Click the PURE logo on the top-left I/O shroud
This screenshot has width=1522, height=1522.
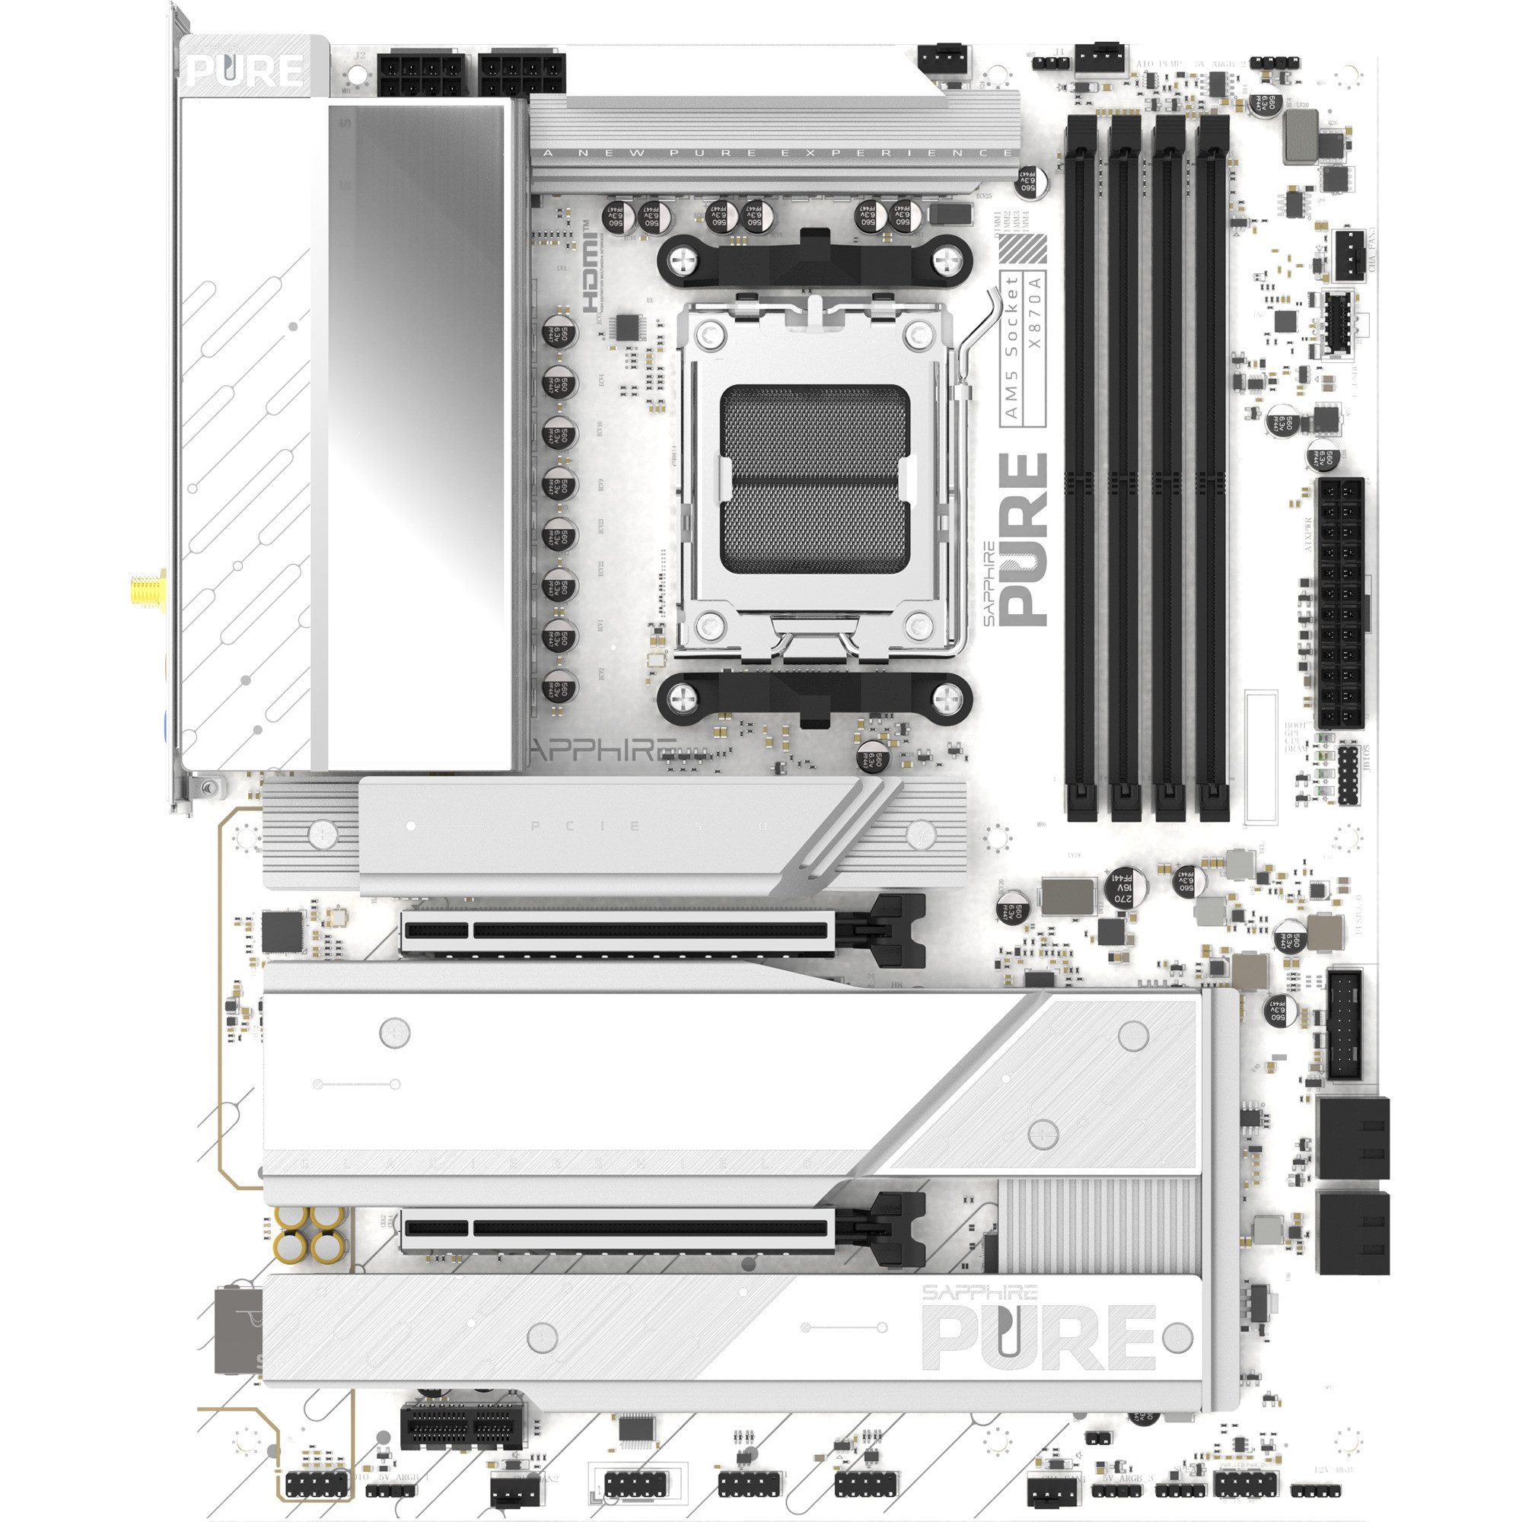tap(245, 71)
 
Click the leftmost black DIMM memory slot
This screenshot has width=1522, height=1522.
tap(1079, 465)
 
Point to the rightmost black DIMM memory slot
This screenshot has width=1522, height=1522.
tap(1212, 465)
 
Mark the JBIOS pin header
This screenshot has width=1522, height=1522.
tap(1346, 776)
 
